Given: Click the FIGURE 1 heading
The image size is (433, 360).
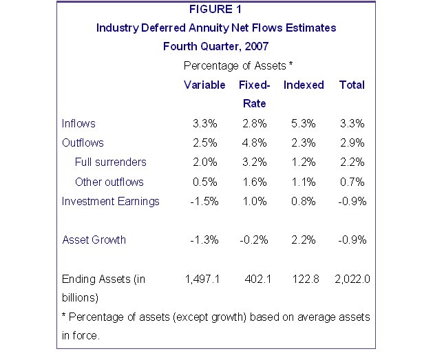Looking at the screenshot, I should coord(216,10).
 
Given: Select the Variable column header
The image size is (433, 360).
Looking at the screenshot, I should coord(204,85).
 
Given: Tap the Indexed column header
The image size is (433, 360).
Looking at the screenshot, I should coord(304,85).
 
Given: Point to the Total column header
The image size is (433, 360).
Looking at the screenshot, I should coord(352,85).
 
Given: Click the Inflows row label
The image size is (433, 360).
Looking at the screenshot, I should coord(78,124).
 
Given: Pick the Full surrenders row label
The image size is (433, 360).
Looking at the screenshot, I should coord(110,162).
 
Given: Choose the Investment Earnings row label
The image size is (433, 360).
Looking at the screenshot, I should coord(111,201).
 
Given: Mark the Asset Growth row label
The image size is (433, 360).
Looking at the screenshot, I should coord(94,240).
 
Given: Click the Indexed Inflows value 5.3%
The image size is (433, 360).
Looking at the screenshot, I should coord(303,124).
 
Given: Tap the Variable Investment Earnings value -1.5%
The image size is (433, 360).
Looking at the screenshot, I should coord(204,201).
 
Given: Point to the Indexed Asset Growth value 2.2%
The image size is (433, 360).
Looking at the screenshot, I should coord(303,240).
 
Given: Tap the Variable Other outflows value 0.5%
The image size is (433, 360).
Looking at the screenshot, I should coord(205,182).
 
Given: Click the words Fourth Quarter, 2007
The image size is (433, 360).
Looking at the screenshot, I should coord(215,47).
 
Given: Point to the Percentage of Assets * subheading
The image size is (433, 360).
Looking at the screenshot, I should coord(239,66).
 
